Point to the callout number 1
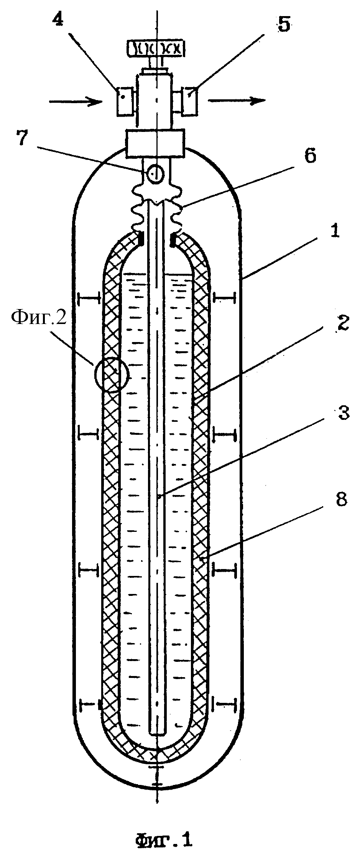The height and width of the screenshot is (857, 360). click(334, 232)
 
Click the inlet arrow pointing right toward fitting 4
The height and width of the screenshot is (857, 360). click(76, 102)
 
